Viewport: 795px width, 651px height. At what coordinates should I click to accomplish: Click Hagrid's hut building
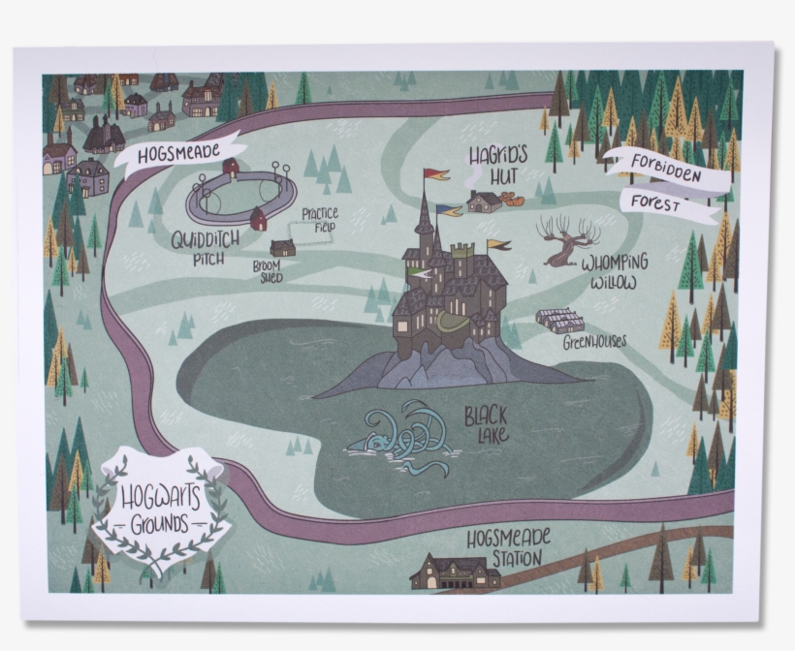[x=484, y=201]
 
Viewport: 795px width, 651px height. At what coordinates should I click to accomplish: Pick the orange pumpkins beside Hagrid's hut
[x=515, y=200]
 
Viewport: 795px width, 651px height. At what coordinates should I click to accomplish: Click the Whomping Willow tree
[x=565, y=240]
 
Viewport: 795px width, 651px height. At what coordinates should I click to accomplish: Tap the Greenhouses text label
[x=594, y=342]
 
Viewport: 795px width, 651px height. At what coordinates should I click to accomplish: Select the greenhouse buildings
[x=560, y=321]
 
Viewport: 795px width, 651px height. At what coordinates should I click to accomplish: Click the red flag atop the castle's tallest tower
[x=436, y=175]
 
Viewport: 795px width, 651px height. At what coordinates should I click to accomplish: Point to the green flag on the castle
[x=419, y=273]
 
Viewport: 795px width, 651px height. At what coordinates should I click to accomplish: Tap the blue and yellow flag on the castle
[x=450, y=209]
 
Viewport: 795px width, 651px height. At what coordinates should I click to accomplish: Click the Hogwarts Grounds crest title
[x=160, y=508]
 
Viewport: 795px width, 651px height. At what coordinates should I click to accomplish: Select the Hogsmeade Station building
[x=455, y=573]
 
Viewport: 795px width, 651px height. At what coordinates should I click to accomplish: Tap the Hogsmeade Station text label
[x=509, y=547]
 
